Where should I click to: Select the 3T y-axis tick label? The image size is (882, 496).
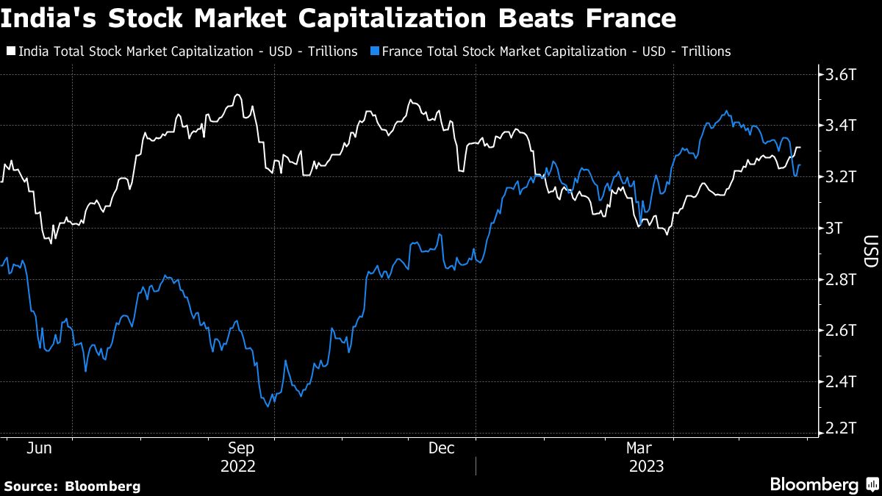836,228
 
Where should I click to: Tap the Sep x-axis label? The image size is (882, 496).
242,448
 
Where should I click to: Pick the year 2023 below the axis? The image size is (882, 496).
646,467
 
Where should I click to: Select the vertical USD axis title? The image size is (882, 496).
870,251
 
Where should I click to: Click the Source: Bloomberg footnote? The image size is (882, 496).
71,486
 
